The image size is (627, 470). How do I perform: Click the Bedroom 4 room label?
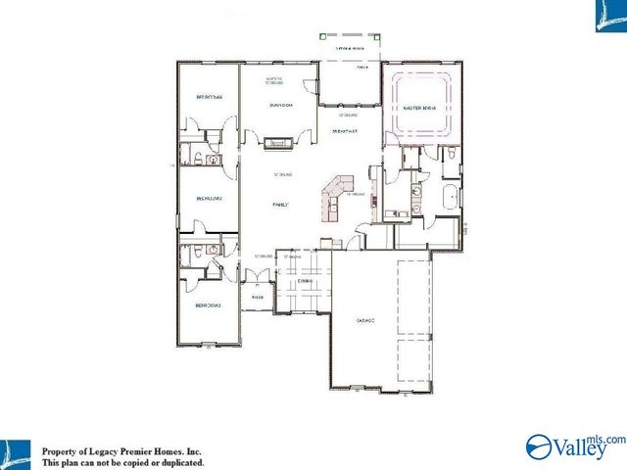click(x=209, y=98)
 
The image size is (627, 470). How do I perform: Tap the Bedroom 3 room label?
click(x=209, y=198)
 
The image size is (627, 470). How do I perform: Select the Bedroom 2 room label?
click(x=207, y=306)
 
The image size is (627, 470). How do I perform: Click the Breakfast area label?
click(x=344, y=129)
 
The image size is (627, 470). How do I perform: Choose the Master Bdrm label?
click(x=419, y=109)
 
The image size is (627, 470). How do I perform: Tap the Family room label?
click(x=280, y=205)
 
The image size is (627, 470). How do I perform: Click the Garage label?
click(x=354, y=320)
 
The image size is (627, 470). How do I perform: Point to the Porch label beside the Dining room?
click(x=259, y=297)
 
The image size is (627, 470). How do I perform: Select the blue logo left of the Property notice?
click(x=18, y=451)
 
